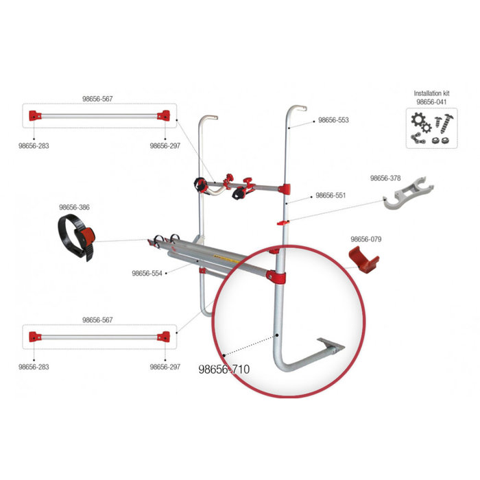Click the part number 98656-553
pyautogui.click(x=333, y=120)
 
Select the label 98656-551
pyautogui.click(x=331, y=195)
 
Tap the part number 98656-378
pyautogui.click(x=385, y=178)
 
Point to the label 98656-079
pyautogui.click(x=366, y=239)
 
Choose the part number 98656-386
pyautogui.click(x=74, y=207)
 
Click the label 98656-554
pyautogui.click(x=147, y=273)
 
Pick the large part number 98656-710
pyautogui.click(x=224, y=369)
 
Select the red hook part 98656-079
pyautogui.click(x=363, y=259)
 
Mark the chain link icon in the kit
pyautogui.click(x=415, y=139)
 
